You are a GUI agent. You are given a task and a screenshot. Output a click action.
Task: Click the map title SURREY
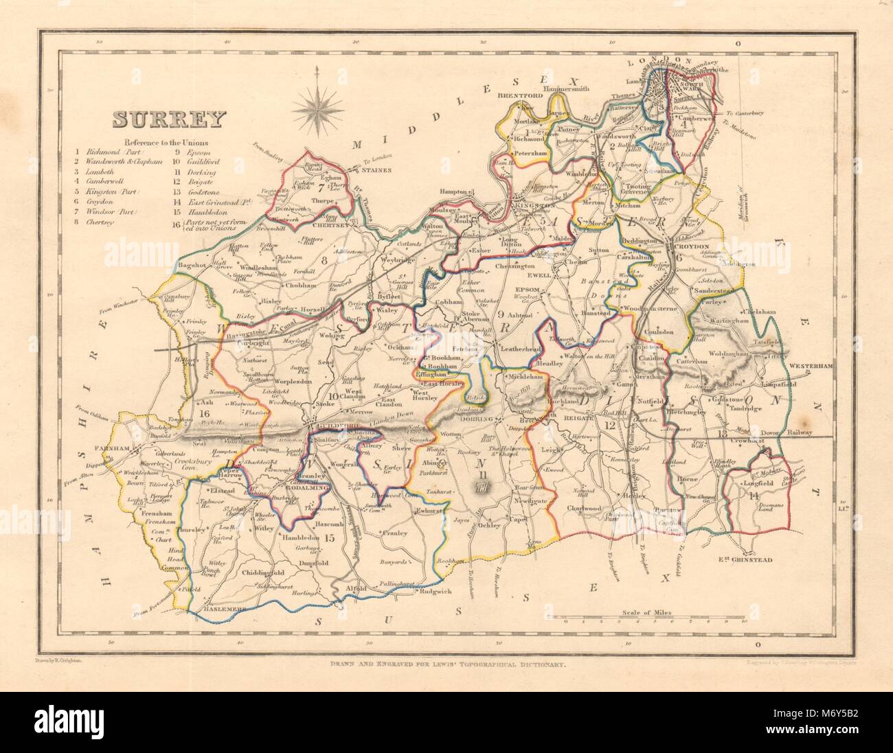coord(168,120)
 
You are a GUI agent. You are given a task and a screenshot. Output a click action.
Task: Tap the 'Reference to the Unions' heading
coord(166,142)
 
